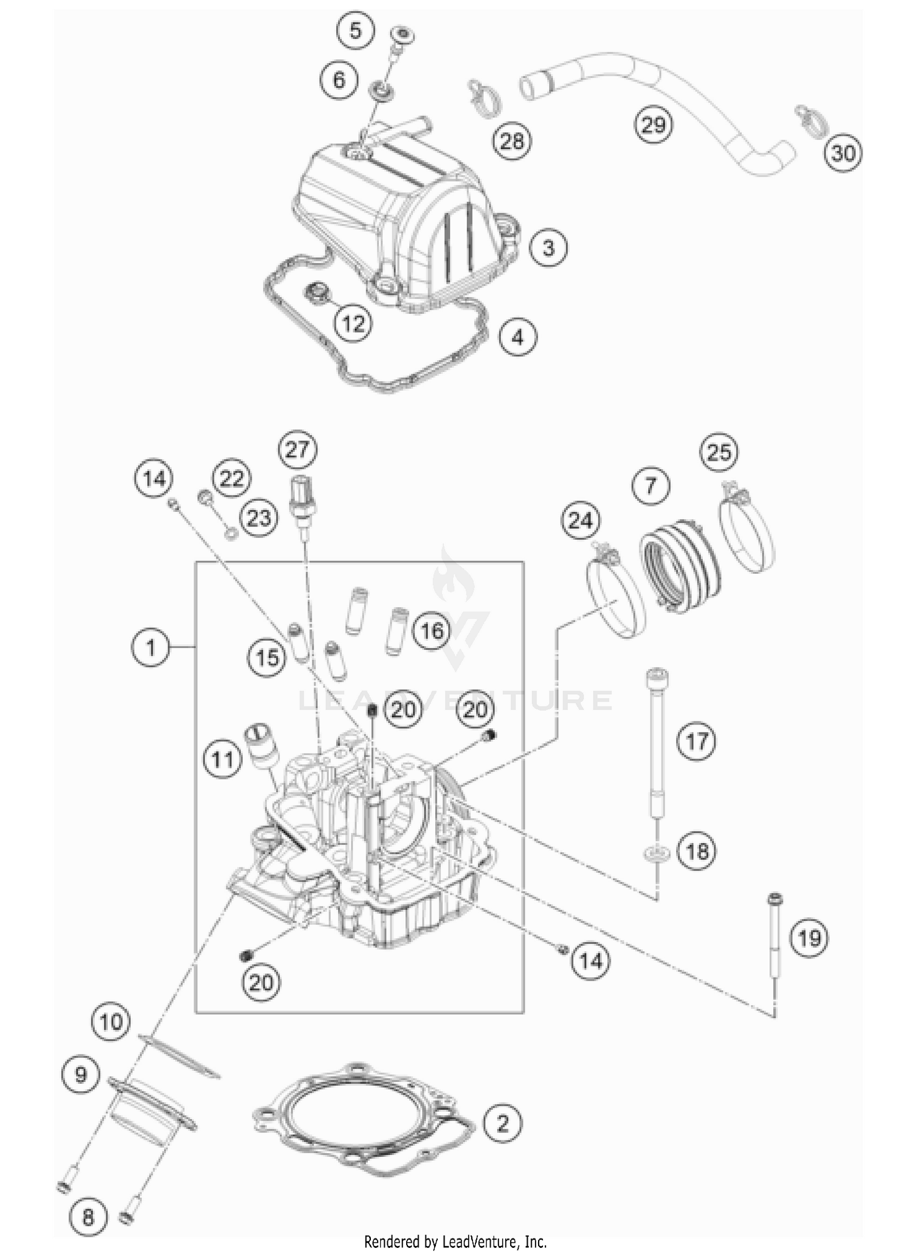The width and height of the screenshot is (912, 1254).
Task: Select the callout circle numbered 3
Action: (x=548, y=247)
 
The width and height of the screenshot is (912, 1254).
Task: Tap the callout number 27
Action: (x=297, y=450)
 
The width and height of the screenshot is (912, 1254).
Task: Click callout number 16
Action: (x=432, y=630)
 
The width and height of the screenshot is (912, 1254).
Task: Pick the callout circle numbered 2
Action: (x=502, y=1123)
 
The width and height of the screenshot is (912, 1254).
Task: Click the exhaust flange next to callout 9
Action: (x=149, y=1108)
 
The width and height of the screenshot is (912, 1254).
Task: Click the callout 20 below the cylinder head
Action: (x=261, y=982)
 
